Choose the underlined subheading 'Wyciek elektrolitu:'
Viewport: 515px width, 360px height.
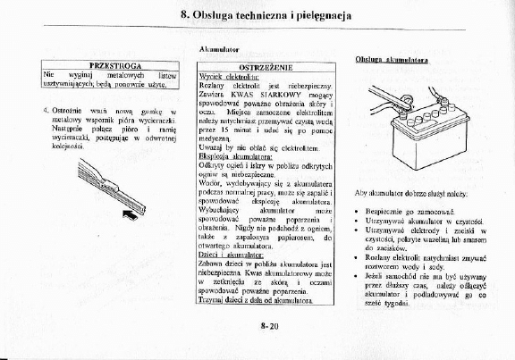click(x=224, y=77)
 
